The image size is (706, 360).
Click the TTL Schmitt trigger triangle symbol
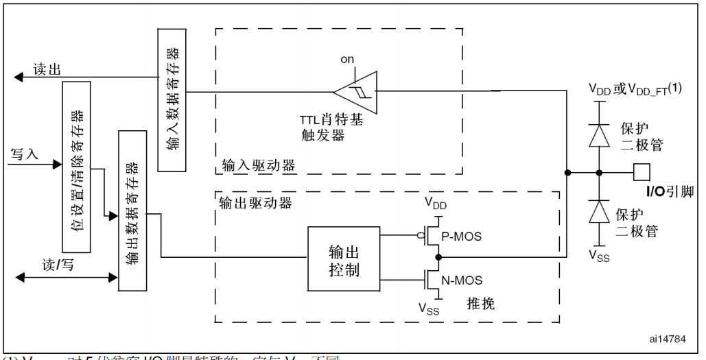pyautogui.click(x=355, y=91)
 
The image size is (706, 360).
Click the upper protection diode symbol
pyautogui.click(x=600, y=135)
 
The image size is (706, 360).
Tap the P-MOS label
pyautogui.click(x=461, y=237)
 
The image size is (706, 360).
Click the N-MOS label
pyautogui.click(x=461, y=280)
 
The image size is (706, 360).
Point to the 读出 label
pyautogui.click(x=47, y=69)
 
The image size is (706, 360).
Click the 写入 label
pyautogui.click(x=25, y=154)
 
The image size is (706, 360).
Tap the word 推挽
pyautogui.click(x=480, y=302)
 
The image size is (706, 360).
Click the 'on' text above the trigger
pyautogui.click(x=348, y=60)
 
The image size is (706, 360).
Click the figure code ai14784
pyautogui.click(x=667, y=339)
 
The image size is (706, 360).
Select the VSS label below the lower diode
pyautogui.click(x=598, y=257)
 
